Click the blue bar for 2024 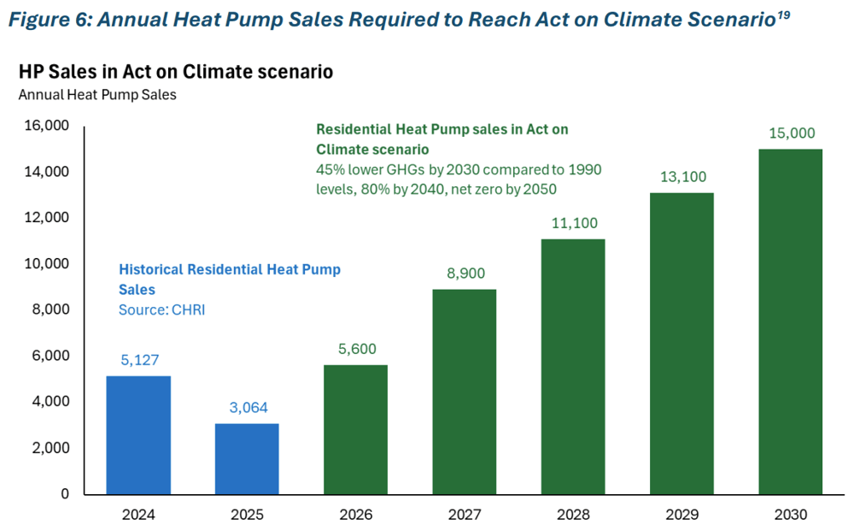(x=137, y=435)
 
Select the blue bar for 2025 (x=247, y=459)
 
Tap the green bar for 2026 (x=356, y=430)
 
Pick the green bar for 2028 (x=573, y=367)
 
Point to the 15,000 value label (x=791, y=133)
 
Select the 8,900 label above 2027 (x=465, y=274)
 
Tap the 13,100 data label (x=681, y=177)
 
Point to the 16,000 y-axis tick (x=44, y=127)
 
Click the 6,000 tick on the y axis (x=48, y=356)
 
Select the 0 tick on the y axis (x=65, y=494)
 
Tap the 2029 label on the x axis (x=681, y=515)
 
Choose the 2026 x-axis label (x=356, y=515)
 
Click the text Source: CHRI (x=161, y=310)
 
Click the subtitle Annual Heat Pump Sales (x=97, y=95)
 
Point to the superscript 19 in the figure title (x=781, y=13)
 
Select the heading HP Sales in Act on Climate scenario (x=175, y=72)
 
